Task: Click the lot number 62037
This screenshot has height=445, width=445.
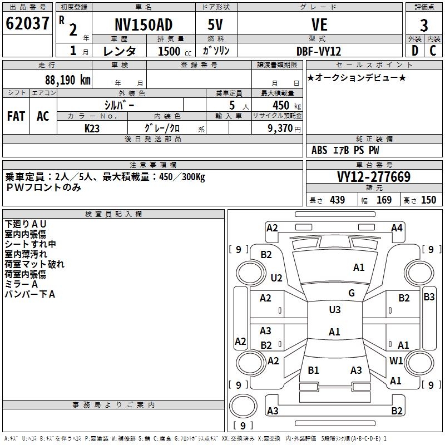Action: pyautogui.click(x=28, y=24)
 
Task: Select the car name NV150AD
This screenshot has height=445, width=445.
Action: pyautogui.click(x=144, y=25)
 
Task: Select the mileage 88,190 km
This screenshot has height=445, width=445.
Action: pyautogui.click(x=68, y=80)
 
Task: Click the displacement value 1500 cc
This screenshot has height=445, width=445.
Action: pyautogui.click(x=170, y=51)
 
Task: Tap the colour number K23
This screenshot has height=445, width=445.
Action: pyautogui.click(x=92, y=128)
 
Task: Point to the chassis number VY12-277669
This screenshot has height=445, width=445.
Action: pyautogui.click(x=374, y=177)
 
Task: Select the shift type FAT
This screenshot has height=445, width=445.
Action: pyautogui.click(x=16, y=116)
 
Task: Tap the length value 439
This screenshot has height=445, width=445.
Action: pyautogui.click(x=337, y=200)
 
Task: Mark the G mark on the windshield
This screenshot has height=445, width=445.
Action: pyautogui.click(x=352, y=293)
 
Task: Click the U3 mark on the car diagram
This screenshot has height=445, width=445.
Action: pyautogui.click(x=334, y=310)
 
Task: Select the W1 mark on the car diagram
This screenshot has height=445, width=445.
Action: pyautogui.click(x=396, y=361)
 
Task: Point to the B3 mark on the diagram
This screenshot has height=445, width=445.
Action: pyautogui.click(x=429, y=297)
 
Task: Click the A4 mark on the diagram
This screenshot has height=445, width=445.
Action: pyautogui.click(x=397, y=228)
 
